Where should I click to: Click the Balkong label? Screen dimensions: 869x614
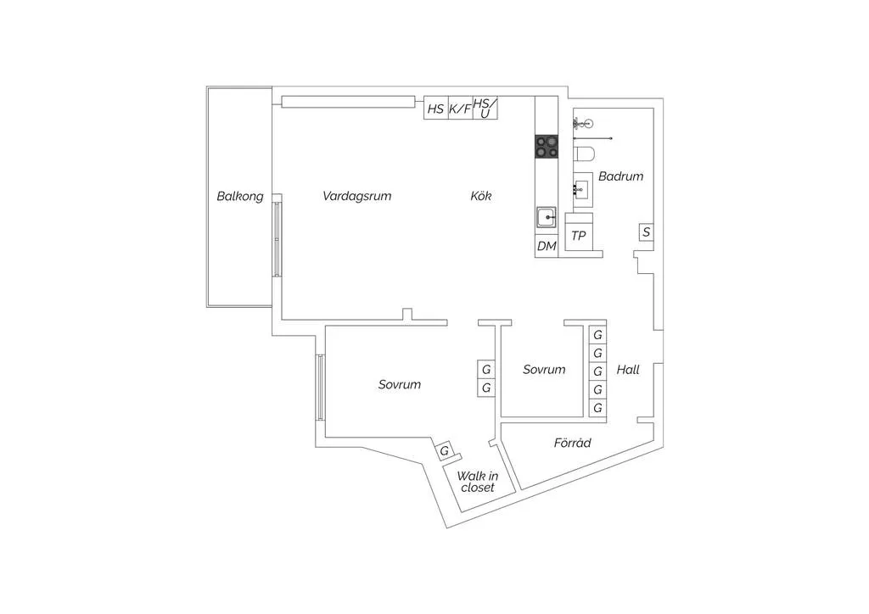240,197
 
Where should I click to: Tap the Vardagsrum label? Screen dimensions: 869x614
357,196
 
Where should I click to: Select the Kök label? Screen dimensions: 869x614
480,195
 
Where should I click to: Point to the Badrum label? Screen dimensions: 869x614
620,176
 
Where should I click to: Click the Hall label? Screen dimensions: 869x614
628,369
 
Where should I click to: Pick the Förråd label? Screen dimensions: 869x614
573,443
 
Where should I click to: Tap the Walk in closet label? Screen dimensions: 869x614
477,482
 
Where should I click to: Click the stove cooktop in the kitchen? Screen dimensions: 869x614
547,147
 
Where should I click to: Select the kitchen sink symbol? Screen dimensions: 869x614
547,217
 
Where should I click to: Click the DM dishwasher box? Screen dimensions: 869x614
547,246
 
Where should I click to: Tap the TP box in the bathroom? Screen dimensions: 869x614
579,236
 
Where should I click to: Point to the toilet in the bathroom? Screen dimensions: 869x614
584,153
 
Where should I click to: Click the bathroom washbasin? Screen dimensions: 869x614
583,189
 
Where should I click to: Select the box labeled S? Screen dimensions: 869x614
646,232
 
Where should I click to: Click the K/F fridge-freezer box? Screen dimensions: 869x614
459,108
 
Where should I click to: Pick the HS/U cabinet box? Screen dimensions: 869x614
485,108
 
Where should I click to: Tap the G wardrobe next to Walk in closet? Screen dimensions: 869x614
445,451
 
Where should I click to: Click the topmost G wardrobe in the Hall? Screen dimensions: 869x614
597,335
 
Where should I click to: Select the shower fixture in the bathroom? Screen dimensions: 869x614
584,123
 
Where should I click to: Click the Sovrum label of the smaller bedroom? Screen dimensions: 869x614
544,369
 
